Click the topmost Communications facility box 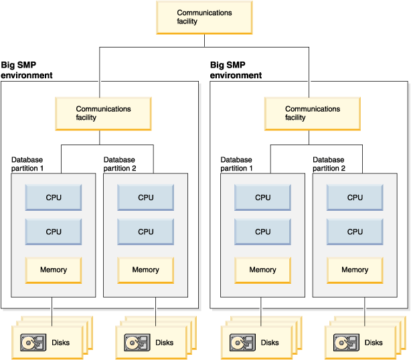click(x=204, y=17)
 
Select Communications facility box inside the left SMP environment click(x=103, y=113)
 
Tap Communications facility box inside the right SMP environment click(x=313, y=113)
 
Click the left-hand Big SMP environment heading click(x=27, y=70)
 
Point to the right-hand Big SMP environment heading click(x=236, y=70)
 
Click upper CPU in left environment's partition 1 click(x=54, y=197)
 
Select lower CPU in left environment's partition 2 click(x=145, y=232)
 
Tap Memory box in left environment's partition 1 click(x=54, y=270)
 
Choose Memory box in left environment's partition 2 click(x=145, y=270)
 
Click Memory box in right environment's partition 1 click(x=263, y=270)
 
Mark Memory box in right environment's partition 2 click(x=355, y=270)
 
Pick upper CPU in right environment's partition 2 click(x=355, y=197)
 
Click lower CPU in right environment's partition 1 click(x=263, y=232)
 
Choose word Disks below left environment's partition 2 click(x=165, y=343)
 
